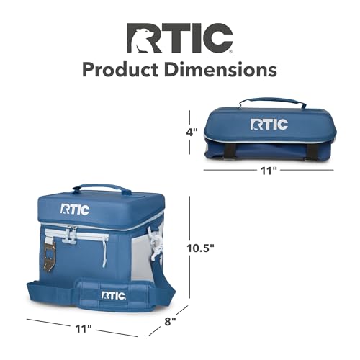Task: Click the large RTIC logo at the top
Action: point(179,38)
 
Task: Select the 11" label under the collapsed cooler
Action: point(269,170)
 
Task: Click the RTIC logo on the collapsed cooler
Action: point(269,125)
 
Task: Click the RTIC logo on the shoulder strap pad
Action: point(114,295)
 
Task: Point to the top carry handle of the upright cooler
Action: point(102,188)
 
